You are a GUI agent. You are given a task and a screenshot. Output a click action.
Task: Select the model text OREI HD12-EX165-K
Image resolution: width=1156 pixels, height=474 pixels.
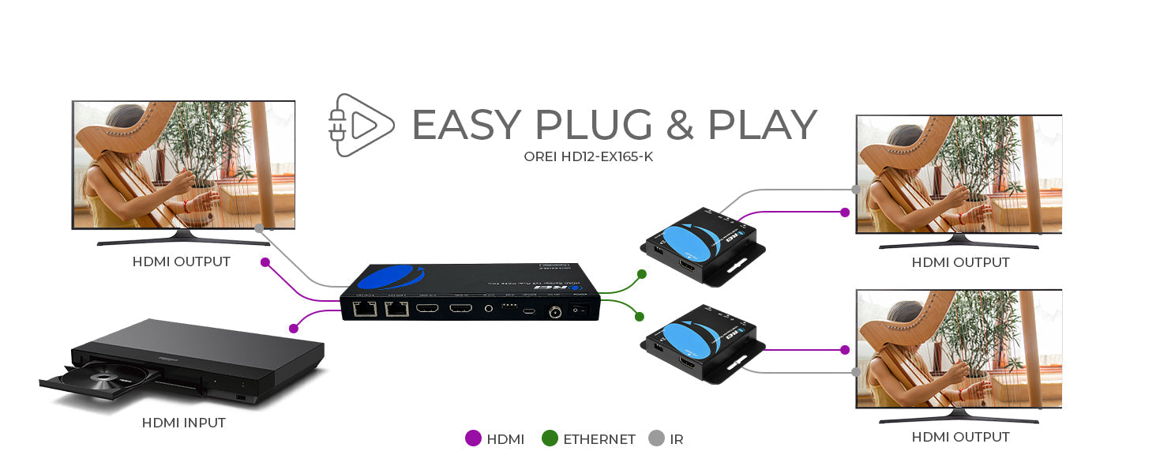pos(588,156)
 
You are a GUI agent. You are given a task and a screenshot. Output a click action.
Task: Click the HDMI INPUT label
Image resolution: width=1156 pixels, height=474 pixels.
pos(183,423)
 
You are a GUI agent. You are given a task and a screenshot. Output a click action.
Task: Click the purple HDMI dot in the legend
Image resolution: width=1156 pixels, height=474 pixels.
pos(473,438)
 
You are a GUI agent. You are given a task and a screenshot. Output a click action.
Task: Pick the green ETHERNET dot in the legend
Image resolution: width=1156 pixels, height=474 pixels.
pos(550,438)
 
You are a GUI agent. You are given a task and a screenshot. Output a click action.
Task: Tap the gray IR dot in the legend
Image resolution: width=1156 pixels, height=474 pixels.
pos(655,438)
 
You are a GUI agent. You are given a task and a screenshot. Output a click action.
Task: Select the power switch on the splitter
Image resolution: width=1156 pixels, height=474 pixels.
pos(583,310)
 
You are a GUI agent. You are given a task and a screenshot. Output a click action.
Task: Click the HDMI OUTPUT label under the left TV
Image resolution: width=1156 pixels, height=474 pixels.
pos(182,261)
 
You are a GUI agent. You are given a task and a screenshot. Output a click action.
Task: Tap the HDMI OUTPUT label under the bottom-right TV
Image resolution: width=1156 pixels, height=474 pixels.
pos(960,437)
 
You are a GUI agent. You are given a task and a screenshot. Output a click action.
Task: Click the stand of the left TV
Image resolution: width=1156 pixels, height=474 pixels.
pos(182,237)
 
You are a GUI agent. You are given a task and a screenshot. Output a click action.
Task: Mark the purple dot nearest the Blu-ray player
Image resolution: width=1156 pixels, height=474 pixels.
pos(294,328)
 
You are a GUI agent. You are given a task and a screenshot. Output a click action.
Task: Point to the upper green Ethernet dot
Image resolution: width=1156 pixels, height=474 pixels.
pos(641,274)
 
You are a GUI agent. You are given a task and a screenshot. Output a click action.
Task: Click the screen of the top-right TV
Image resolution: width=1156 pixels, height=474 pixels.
pos(959,174)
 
